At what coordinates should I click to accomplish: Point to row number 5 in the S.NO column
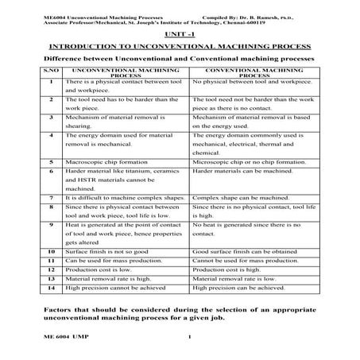tap(50, 161)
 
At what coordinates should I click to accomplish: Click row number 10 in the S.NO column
tap(50, 249)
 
